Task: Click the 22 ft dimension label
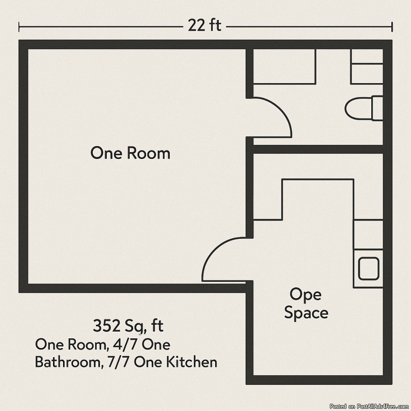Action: click(205, 26)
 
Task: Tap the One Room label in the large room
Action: click(130, 153)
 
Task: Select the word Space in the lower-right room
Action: click(306, 313)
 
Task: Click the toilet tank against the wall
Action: click(377, 108)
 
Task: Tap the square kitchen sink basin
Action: click(369, 269)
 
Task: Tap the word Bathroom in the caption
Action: click(68, 362)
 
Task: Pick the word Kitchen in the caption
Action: click(192, 362)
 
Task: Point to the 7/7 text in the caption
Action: click(119, 362)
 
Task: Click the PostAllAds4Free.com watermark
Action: click(370, 406)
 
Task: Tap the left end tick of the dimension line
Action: click(19, 27)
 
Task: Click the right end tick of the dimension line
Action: click(392, 27)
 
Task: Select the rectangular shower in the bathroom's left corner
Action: click(285, 66)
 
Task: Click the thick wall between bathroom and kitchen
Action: click(318, 149)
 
